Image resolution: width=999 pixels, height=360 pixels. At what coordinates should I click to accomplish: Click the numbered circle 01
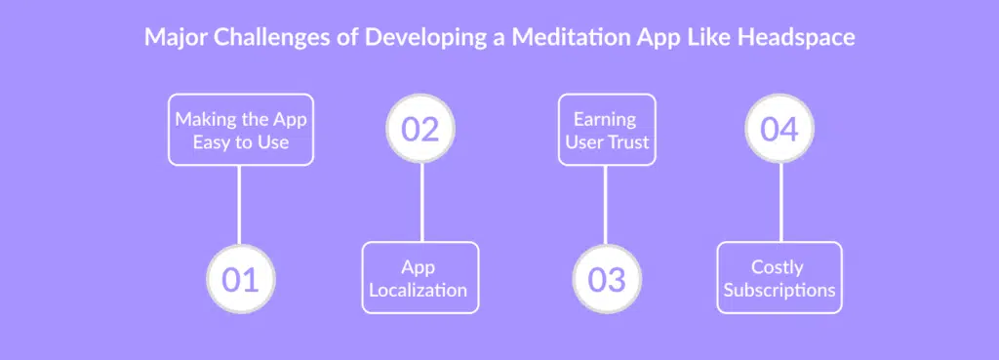tap(240, 279)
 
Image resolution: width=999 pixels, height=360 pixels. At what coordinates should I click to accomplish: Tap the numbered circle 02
tap(420, 130)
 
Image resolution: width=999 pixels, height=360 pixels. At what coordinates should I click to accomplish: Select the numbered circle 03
tap(606, 279)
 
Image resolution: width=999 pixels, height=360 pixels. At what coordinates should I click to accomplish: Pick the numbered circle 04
tap(779, 130)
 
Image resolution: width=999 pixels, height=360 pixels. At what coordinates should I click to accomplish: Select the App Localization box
tap(420, 278)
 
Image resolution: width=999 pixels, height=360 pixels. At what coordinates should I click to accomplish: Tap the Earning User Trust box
tap(605, 130)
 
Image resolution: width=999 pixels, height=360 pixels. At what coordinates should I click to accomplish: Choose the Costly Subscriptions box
tap(779, 278)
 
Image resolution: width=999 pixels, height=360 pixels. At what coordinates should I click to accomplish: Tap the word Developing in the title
tap(413, 37)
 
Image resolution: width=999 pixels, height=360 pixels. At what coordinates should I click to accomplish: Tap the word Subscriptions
tap(779, 290)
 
